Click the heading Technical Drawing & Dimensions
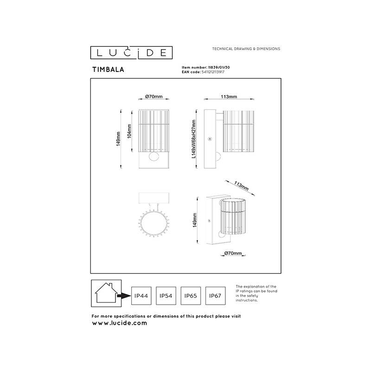pos(245,49)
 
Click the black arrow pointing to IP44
pos(123,295)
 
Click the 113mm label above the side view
pos(229,97)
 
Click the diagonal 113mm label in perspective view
pos(241,186)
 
